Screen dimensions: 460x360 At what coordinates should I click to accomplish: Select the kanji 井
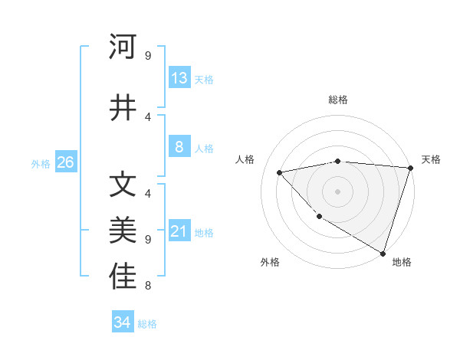coord(123,107)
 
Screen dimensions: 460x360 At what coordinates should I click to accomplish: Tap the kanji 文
coord(123,185)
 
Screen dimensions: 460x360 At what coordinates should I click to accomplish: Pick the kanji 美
coord(123,231)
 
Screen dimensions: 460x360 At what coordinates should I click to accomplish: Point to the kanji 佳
coord(123,277)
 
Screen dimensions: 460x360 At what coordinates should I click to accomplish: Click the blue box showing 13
coord(179,78)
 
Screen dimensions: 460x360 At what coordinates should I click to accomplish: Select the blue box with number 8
coord(179,147)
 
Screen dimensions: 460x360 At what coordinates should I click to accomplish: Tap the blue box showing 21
coord(179,231)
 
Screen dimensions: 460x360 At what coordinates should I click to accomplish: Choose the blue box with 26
coord(65,162)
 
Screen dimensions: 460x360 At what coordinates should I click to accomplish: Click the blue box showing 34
coord(123,322)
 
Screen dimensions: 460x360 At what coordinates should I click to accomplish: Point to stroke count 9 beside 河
coord(147,55)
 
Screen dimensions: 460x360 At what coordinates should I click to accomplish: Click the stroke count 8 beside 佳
coord(147,286)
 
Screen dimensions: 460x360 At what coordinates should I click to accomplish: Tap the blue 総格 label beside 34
coord(147,324)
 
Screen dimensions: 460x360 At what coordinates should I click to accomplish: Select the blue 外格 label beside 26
coord(41,163)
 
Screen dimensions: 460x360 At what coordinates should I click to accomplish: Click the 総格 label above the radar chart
coord(337,100)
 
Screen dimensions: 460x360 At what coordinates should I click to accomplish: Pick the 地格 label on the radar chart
coord(402,262)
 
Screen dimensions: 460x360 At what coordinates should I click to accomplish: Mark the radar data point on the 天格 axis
coord(410,168)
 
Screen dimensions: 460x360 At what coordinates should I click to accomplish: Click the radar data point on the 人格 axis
coord(280,173)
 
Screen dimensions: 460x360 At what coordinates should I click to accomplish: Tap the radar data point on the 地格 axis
coord(383,252)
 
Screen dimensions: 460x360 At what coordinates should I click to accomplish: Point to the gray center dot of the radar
coord(337,191)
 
